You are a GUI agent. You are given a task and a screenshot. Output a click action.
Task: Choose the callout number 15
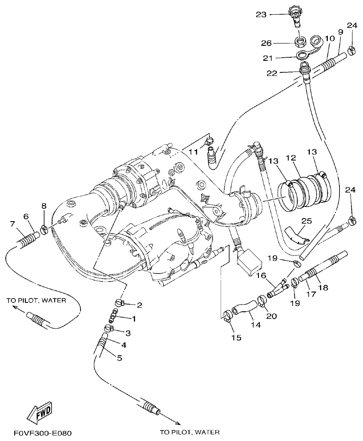tap(236, 338)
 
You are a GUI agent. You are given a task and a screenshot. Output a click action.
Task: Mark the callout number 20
tap(271, 316)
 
